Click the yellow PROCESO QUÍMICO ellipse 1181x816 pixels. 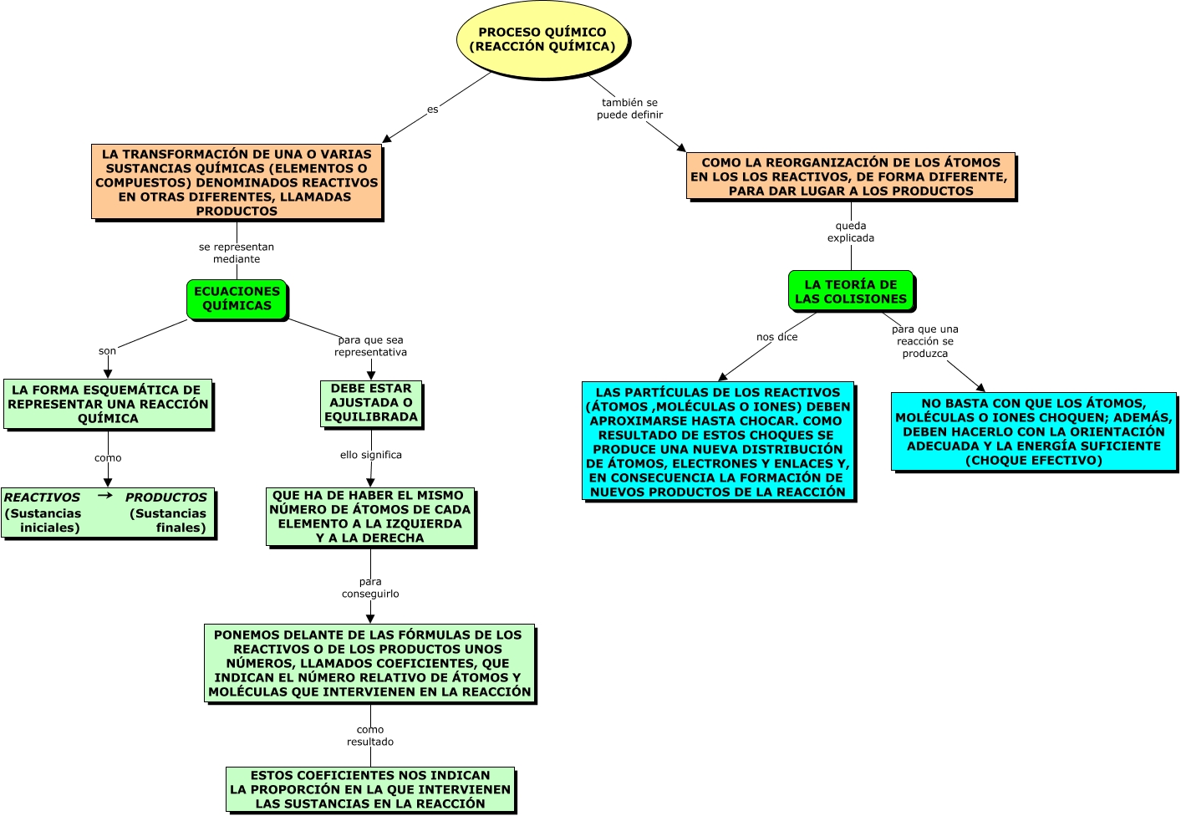coord(542,39)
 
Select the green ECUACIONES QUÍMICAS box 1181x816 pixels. coord(237,298)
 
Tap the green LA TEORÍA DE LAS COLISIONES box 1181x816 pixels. coord(850,291)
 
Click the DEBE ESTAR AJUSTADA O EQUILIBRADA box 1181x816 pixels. coord(370,403)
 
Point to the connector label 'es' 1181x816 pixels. coord(432,110)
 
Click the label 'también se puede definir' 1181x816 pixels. coord(629,109)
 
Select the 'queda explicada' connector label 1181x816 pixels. coord(851,232)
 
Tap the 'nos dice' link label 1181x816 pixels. coord(776,337)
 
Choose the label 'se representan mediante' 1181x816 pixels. coord(237,252)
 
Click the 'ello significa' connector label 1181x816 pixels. coord(370,455)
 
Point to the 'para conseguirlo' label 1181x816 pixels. coord(370,588)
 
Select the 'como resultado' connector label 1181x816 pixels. coord(370,736)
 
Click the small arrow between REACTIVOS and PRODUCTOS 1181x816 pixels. coord(105,495)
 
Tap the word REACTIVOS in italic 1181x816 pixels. coord(42,497)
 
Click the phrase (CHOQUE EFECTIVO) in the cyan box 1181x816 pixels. coord(1033,461)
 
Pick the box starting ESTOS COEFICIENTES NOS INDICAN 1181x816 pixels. coord(370,789)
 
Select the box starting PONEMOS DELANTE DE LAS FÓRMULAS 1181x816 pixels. coord(369,663)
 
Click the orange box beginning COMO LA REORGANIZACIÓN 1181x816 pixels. coord(850,176)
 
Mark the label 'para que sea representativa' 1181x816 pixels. coord(370,346)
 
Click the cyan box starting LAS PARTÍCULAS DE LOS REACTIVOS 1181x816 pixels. coord(718,441)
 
